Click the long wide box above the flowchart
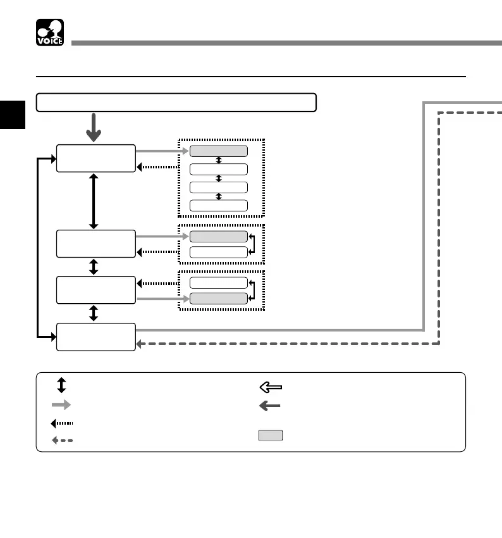pos(176,102)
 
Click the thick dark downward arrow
pos(94,128)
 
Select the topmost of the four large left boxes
pos(95,158)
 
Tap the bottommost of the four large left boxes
pos(95,337)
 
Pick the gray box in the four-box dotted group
pos(218,151)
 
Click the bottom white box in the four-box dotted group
pos(218,205)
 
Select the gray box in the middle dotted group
pos(218,236)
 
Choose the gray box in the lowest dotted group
pos(218,298)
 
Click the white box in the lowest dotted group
pos(218,282)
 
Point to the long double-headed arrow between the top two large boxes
pos(94,201)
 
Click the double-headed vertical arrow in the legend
pos(61,385)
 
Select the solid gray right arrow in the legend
pos(61,405)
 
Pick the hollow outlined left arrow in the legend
pos(270,387)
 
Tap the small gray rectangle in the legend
pos(270,435)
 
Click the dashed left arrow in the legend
pos(61,440)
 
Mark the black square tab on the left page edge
pos(12,114)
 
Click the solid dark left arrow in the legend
pos(270,406)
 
